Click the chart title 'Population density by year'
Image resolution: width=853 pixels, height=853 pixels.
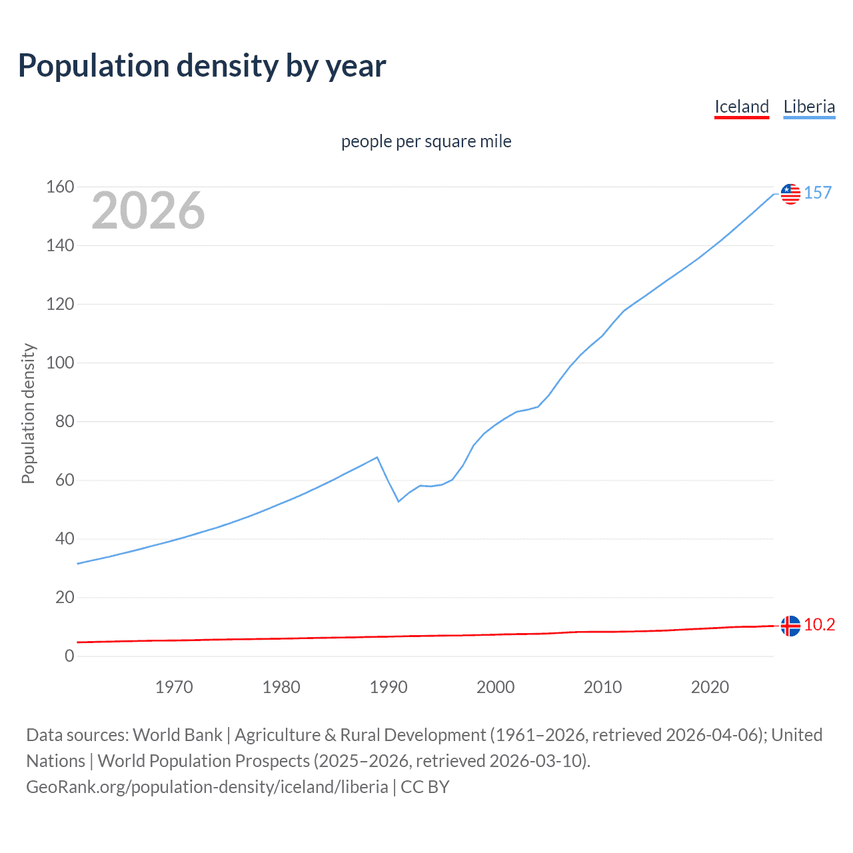[x=202, y=66]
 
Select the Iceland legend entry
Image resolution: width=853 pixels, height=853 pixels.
[x=741, y=107]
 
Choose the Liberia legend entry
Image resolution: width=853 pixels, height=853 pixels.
[x=809, y=107]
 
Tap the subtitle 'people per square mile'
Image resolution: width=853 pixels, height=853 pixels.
[x=426, y=141]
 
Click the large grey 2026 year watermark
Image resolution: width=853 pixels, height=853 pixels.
[x=148, y=211]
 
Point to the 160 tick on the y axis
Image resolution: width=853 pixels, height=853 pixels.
[x=60, y=187]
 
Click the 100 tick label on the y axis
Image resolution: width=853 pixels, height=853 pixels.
[x=60, y=363]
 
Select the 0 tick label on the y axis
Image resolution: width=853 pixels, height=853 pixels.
[x=69, y=656]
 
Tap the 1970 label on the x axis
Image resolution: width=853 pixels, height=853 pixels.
[x=174, y=687]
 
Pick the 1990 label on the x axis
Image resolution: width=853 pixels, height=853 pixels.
[x=389, y=687]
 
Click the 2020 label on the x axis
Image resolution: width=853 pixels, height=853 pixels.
[x=710, y=687]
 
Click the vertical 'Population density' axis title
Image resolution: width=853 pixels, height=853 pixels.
[x=28, y=413]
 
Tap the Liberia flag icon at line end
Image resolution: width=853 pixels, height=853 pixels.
[x=790, y=193]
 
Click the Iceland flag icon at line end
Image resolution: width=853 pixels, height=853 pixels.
[x=790, y=626]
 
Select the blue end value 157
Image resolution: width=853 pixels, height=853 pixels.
[x=818, y=193]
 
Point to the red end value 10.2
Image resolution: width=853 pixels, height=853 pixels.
[x=819, y=624]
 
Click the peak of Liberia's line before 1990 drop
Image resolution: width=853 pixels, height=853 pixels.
[x=378, y=457]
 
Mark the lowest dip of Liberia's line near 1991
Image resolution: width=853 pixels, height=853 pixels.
[x=399, y=501]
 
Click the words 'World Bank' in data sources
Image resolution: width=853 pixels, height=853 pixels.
[x=177, y=735]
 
